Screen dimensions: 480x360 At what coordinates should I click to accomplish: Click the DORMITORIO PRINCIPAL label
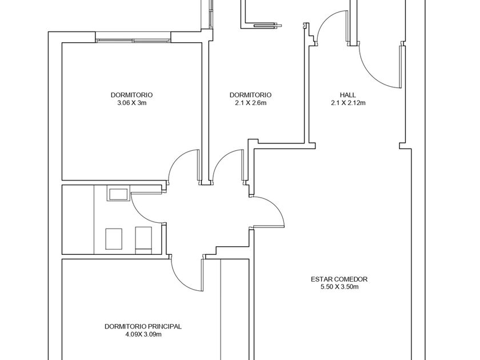coord(143,326)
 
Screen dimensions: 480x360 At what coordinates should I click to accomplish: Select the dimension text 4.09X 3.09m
coord(143,334)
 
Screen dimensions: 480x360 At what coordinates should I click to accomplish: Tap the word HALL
coord(348,95)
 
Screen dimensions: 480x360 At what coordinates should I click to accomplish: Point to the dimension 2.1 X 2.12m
coord(348,103)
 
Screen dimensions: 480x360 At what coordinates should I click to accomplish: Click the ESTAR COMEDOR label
coord(339,279)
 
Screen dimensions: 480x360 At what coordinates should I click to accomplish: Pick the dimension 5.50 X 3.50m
coord(339,287)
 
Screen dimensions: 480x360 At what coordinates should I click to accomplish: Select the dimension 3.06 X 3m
coord(131,103)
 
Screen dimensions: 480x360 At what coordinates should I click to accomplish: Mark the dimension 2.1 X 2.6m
coord(250,103)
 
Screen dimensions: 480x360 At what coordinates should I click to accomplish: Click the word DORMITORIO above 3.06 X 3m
coord(131,95)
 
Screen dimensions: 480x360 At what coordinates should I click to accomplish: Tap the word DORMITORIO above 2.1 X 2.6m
coord(250,95)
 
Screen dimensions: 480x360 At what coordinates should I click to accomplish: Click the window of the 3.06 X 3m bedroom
coord(133,41)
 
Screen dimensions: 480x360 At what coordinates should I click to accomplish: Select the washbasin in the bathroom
coord(117,195)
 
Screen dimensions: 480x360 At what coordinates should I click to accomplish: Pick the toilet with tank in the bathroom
coord(143,241)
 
